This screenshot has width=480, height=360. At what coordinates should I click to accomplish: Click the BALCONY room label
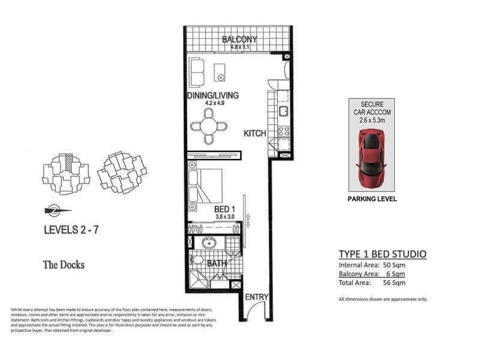[x=239, y=40]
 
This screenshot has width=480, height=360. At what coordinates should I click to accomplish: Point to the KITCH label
[x=254, y=134]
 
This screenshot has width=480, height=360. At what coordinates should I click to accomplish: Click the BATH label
[x=216, y=263]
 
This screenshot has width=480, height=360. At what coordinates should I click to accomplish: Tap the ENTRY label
[x=257, y=297]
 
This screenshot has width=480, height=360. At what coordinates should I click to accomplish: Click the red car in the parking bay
[x=371, y=158]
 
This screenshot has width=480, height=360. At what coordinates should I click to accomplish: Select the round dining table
[x=209, y=127]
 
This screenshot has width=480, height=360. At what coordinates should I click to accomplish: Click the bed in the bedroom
[x=205, y=186]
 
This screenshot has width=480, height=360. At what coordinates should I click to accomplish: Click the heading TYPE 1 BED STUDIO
[x=382, y=254]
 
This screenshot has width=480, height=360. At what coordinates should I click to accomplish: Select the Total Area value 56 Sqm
[x=394, y=283]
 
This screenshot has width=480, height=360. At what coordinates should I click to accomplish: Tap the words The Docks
[x=64, y=265]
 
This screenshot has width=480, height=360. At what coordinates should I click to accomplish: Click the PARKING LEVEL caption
[x=371, y=199]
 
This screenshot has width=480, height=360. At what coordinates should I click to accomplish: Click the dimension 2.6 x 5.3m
[x=372, y=120]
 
